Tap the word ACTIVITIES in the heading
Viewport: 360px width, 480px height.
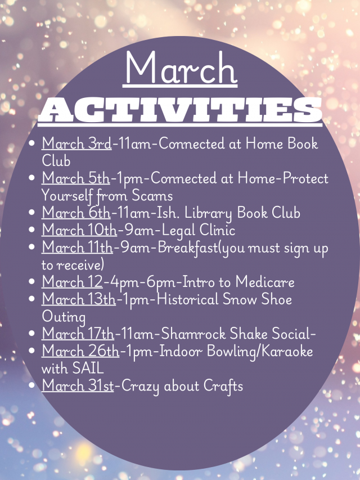(x=180, y=110)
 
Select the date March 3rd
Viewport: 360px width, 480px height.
(x=76, y=143)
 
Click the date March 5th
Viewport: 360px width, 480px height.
(x=75, y=178)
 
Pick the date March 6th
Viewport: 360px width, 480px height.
(x=76, y=213)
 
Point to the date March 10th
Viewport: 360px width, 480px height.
(x=79, y=230)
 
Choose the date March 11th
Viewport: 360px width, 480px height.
(x=78, y=247)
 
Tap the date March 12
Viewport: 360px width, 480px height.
(x=72, y=281)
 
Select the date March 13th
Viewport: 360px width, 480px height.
(x=79, y=299)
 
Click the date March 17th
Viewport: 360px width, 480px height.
(x=78, y=333)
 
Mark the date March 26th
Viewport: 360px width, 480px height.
(x=80, y=351)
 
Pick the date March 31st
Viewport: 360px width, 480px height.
(x=78, y=385)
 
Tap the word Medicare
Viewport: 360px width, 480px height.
(x=265, y=281)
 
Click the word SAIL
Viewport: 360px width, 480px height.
(x=88, y=368)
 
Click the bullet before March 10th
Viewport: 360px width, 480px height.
(x=31, y=230)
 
